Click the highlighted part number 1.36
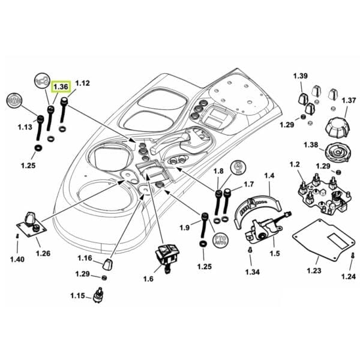coord(61,87)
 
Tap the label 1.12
coord(82,83)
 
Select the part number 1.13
coord(25,127)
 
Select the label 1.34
coord(253,272)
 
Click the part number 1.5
coord(275,254)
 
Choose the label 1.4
coord(269,176)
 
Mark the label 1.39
coord(300,76)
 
